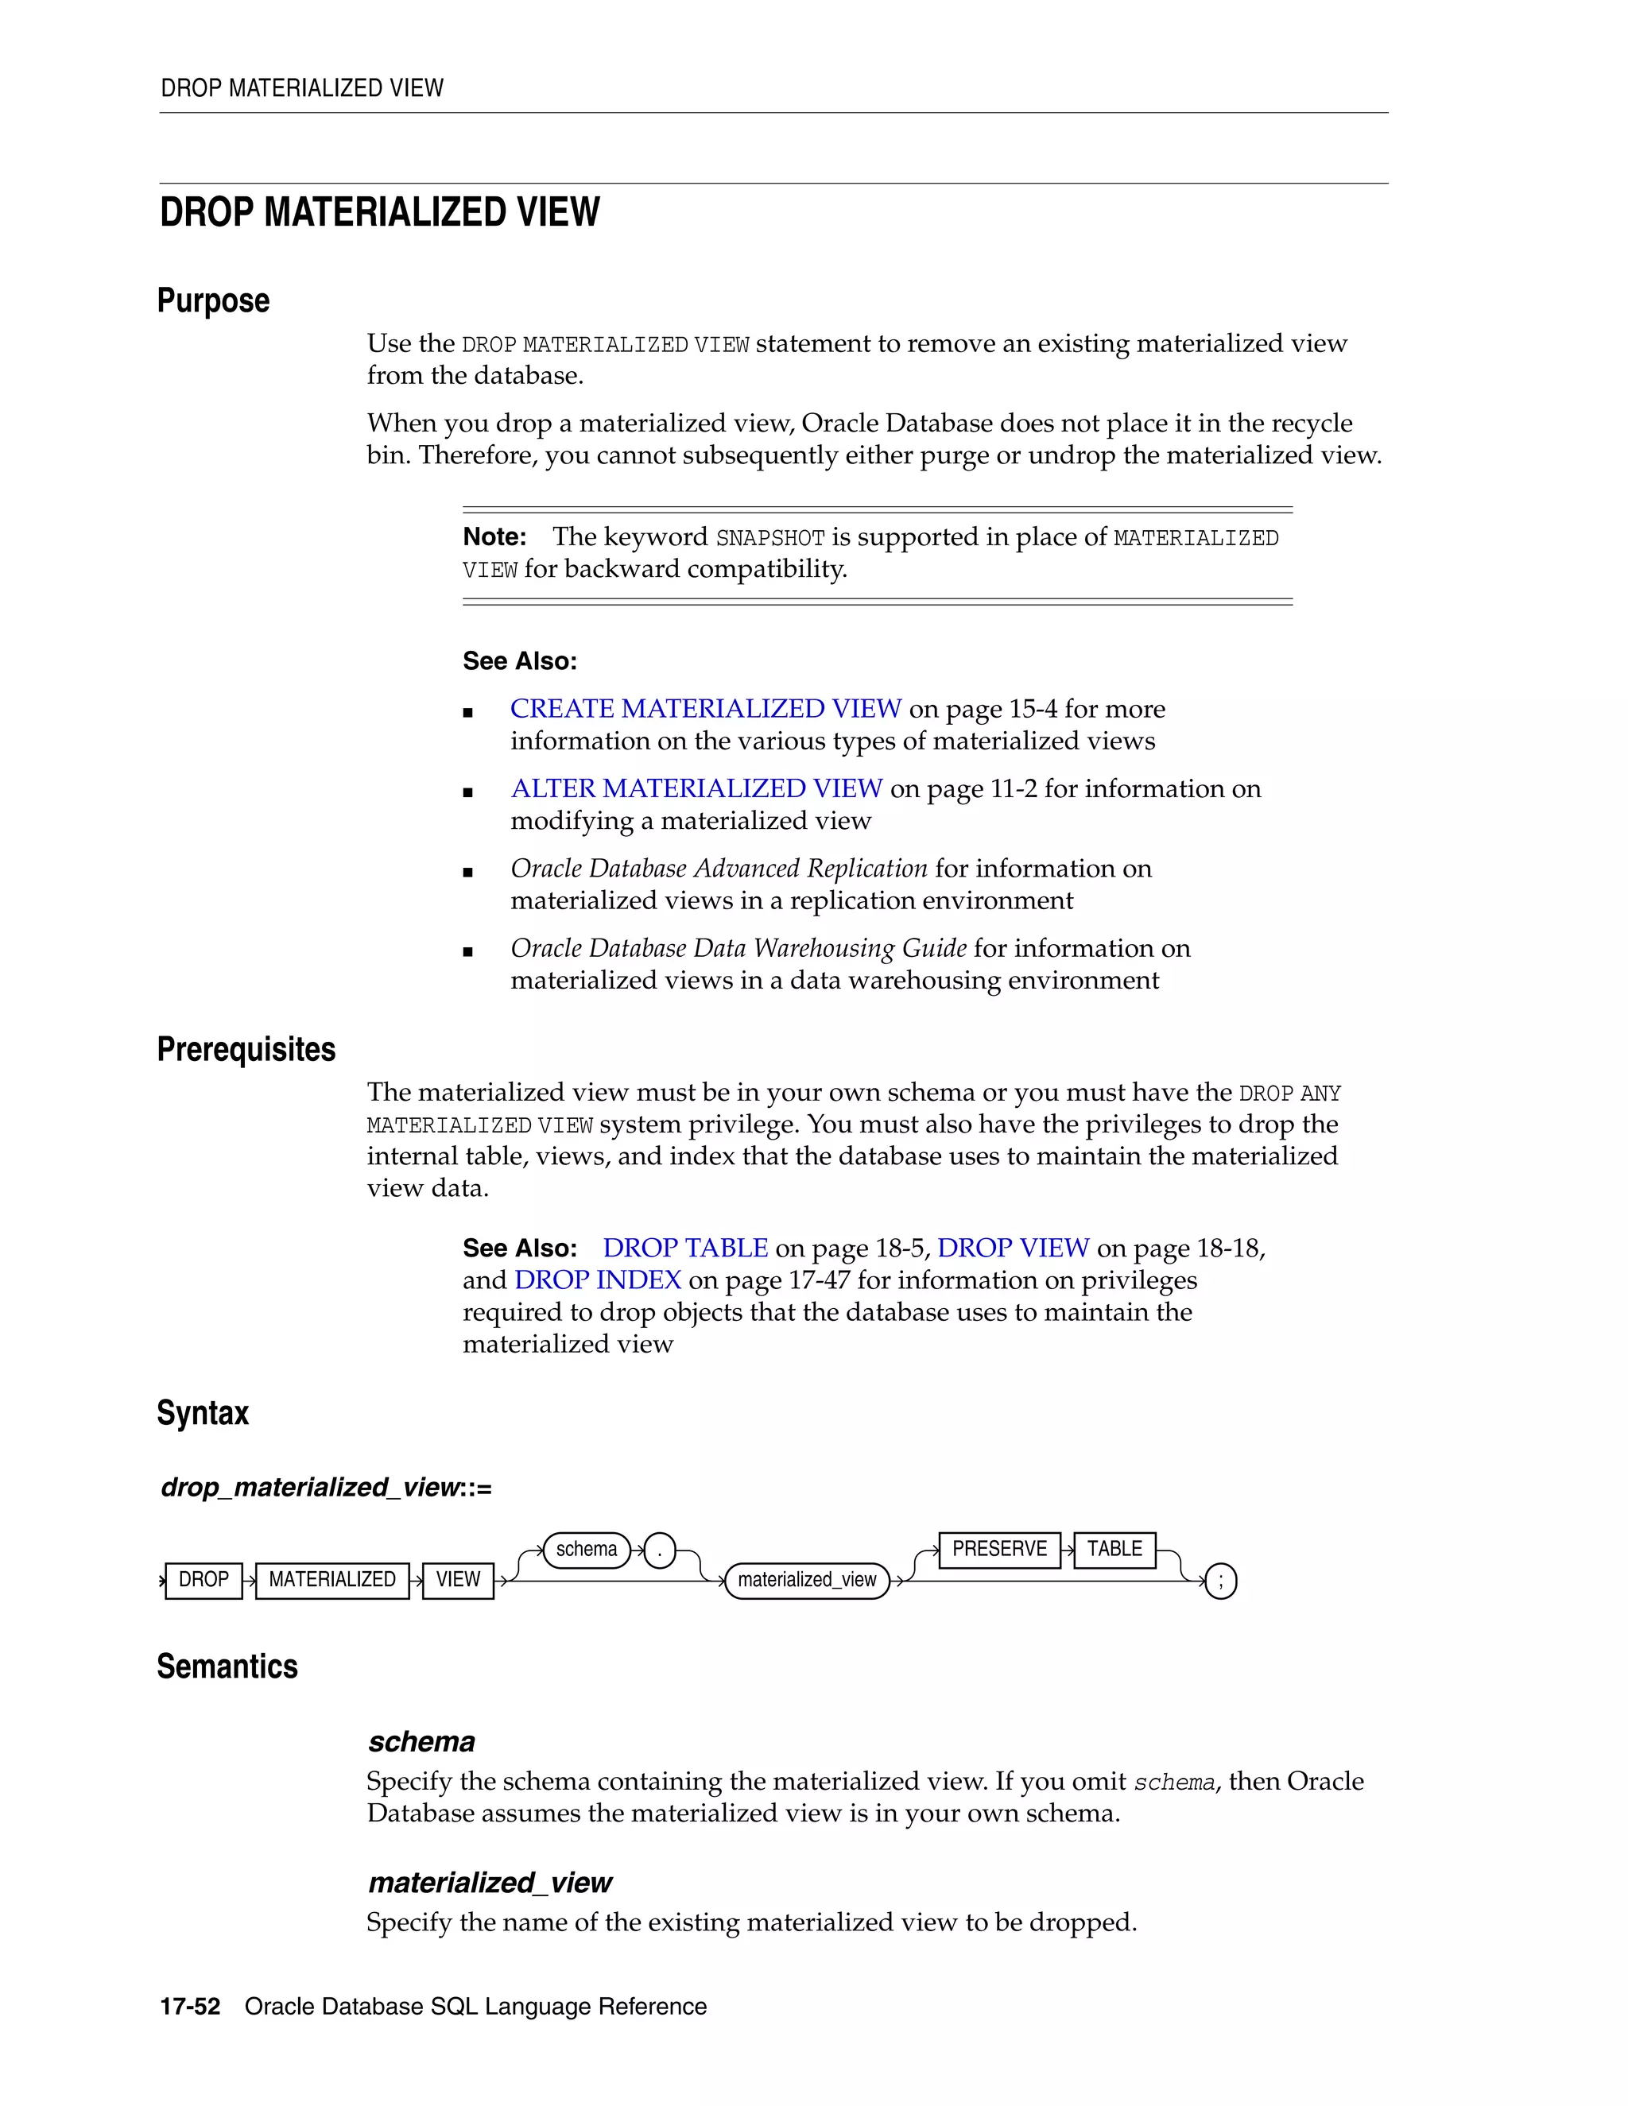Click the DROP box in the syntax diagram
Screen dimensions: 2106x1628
[203, 1580]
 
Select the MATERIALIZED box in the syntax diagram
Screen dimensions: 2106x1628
[331, 1580]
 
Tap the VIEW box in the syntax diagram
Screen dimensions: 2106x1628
[457, 1580]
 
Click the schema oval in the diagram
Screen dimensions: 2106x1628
[587, 1550]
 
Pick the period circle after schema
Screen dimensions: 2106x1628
[660, 1550]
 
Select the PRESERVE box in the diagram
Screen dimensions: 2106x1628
[999, 1550]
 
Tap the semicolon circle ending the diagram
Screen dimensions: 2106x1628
[1221, 1581]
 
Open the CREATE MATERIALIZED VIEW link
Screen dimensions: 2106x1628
[705, 709]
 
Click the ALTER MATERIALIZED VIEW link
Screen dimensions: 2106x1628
[696, 789]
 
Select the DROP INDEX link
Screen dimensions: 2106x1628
[597, 1279]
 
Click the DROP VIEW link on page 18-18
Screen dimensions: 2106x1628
[1013, 1248]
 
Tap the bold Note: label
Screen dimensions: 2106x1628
[494, 537]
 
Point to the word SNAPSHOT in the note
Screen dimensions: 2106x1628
[769, 538]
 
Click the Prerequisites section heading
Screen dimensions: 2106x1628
[246, 1049]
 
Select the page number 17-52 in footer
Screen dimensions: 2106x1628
[190, 2007]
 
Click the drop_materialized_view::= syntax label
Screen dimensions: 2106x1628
[326, 1488]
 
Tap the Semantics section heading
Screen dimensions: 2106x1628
[227, 1667]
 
